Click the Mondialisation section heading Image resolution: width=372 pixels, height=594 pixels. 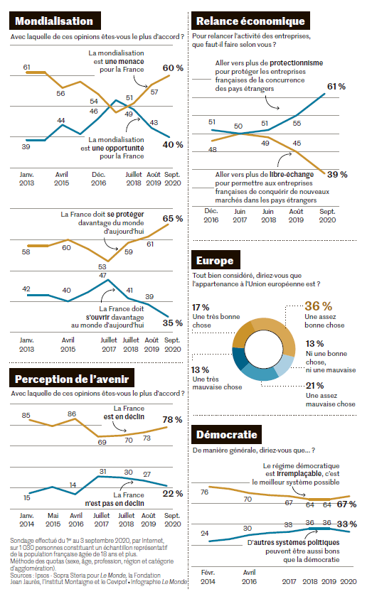pos(55,21)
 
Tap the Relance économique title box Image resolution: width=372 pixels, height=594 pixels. pos(250,21)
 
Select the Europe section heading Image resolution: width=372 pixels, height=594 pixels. pos(216,260)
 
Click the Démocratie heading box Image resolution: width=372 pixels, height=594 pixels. pos(226,435)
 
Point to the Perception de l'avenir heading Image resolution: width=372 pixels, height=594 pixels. pos(72,379)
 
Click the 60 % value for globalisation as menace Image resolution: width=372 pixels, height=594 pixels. pos(173,68)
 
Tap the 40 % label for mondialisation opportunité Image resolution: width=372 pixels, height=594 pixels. pos(173,145)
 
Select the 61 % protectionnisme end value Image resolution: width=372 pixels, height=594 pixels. pos(336,87)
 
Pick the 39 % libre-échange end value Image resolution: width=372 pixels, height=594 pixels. pos(337,175)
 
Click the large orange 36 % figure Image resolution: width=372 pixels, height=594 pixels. pos(319,306)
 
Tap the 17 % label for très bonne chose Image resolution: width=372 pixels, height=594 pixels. pos(201,307)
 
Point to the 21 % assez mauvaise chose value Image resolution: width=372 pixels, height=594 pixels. pos(314,386)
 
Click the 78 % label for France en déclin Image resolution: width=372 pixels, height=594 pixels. pos(173,420)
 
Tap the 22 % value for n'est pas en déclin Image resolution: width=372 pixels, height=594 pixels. pos(173,494)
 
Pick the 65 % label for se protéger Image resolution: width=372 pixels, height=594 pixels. pos(173,219)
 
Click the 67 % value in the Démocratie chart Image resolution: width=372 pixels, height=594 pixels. pos(346,504)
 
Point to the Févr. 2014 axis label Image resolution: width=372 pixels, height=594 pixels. pos(208,577)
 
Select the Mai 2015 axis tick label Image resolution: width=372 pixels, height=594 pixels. pos(53,520)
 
